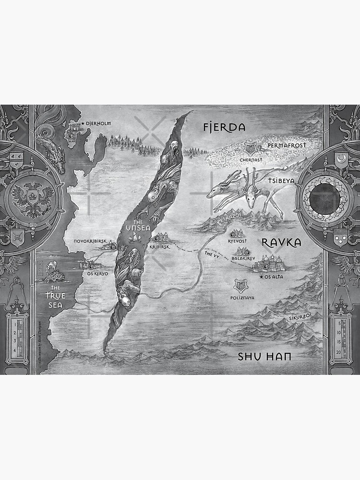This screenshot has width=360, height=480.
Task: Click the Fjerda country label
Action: pyautogui.click(x=224, y=128)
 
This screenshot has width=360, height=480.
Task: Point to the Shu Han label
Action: pyautogui.click(x=265, y=357)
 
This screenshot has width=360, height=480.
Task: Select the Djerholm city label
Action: pyautogui.click(x=98, y=124)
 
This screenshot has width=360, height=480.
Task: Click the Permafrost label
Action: pyautogui.click(x=287, y=144)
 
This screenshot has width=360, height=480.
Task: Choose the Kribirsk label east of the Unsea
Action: pyautogui.click(x=159, y=246)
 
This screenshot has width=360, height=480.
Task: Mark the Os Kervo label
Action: pyautogui.click(x=97, y=274)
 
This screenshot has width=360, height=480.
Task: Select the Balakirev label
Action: pyautogui.click(x=244, y=258)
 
